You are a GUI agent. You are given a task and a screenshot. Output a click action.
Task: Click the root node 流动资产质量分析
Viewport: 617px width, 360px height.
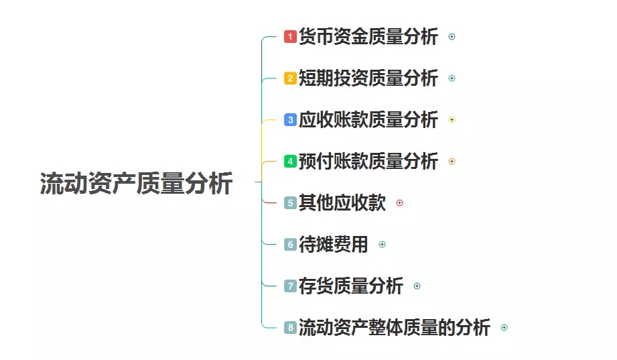(136, 183)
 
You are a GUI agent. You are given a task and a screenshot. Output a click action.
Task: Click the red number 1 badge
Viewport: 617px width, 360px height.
(290, 37)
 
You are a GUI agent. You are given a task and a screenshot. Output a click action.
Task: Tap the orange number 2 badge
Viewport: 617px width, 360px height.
(290, 78)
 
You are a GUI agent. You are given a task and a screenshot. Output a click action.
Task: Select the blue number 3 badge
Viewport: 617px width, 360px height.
(290, 120)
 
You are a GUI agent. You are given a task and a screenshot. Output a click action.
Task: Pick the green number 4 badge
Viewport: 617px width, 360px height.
(290, 162)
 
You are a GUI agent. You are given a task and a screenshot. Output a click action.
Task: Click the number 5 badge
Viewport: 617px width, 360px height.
(290, 202)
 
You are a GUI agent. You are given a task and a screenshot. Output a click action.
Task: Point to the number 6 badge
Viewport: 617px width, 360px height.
(290, 244)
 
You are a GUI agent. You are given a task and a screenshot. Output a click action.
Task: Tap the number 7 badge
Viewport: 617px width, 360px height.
(290, 286)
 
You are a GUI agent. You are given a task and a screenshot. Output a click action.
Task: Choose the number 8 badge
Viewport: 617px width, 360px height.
(290, 327)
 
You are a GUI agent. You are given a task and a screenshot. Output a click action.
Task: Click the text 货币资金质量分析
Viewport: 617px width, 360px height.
(368, 37)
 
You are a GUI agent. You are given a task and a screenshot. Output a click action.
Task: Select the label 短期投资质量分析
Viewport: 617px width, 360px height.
(368, 78)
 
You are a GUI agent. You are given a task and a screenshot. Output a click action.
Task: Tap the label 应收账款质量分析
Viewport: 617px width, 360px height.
(368, 120)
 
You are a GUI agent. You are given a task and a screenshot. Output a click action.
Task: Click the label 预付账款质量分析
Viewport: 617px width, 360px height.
(368, 162)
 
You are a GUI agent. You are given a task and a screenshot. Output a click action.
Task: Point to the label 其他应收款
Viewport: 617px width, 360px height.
(342, 202)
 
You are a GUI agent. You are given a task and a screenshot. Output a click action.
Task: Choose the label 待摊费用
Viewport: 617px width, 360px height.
(333, 244)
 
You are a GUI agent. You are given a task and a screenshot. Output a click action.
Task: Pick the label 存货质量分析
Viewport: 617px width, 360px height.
(350, 286)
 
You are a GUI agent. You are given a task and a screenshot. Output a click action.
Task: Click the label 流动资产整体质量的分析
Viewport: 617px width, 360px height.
(394, 327)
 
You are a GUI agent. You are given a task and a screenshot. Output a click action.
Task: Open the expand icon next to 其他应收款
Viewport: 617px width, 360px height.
(400, 202)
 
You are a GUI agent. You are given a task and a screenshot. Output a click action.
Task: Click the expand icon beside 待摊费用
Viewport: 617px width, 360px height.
(383, 244)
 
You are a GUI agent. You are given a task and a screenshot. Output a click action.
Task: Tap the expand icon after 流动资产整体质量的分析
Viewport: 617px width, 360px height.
(504, 327)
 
